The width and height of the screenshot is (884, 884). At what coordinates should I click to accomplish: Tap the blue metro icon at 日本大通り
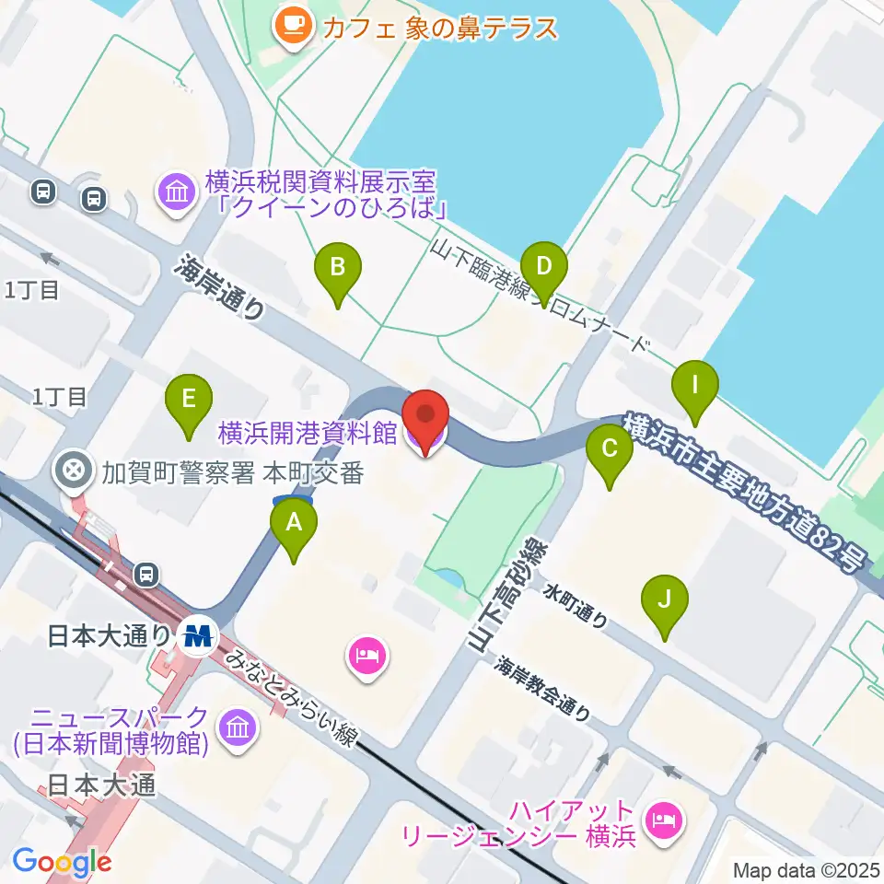[197, 635]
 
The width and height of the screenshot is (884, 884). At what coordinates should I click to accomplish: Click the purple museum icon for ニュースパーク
[238, 730]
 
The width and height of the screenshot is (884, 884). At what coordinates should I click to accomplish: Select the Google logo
[62, 862]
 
